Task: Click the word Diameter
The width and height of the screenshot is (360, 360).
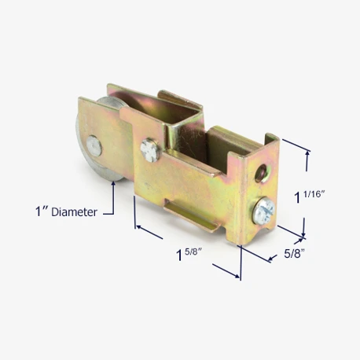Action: [x=74, y=212]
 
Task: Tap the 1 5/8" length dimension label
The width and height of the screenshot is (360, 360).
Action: [x=189, y=254]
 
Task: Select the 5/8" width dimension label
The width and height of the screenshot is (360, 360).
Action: [x=295, y=253]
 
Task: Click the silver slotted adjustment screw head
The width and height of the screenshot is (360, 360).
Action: [x=263, y=209]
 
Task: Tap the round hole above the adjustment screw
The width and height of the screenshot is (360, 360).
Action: [x=262, y=172]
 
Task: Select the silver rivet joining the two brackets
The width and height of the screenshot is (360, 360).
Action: [x=150, y=149]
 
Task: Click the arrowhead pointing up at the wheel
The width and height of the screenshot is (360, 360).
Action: [x=113, y=184]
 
